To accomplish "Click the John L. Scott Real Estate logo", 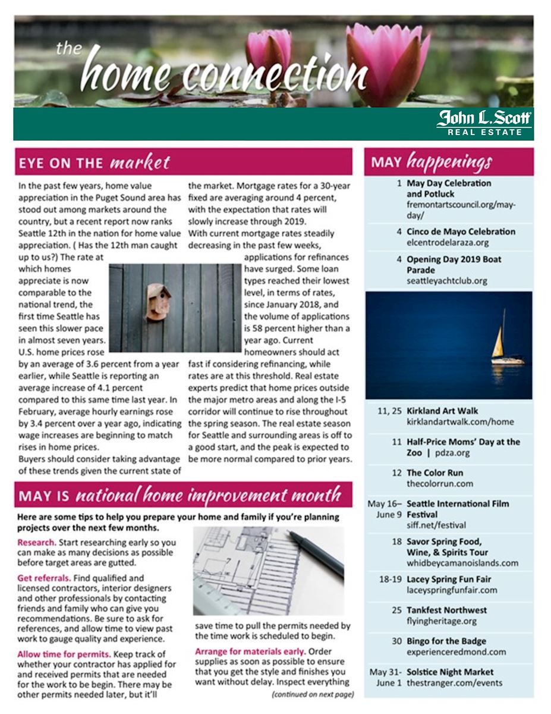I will (484, 123).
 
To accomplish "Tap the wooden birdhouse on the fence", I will (159, 302).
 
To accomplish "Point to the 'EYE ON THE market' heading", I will (95, 162).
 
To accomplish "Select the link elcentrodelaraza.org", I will (448, 243).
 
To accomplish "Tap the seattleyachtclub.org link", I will (446, 281).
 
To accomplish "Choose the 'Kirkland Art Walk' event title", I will (442, 411).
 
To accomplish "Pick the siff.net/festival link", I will (436, 525).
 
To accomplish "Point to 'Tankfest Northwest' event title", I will (446, 610).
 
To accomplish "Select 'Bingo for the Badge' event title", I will (446, 641).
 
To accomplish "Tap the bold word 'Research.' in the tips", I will (37, 543).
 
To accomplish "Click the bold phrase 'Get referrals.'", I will (44, 577).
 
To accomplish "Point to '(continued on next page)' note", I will (313, 694).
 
